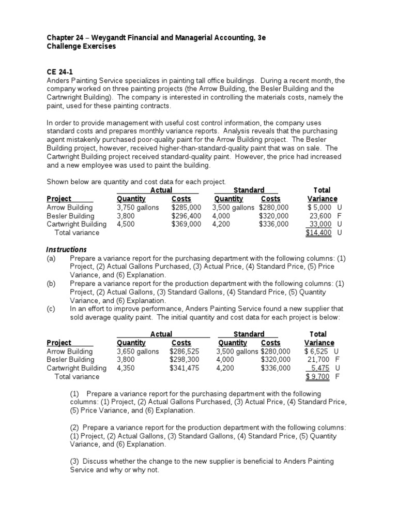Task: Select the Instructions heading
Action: [x=67, y=249]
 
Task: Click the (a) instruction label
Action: [x=51, y=258]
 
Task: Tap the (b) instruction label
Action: [x=51, y=284]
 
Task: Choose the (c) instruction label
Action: [x=51, y=309]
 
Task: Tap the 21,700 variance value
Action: [x=319, y=360]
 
